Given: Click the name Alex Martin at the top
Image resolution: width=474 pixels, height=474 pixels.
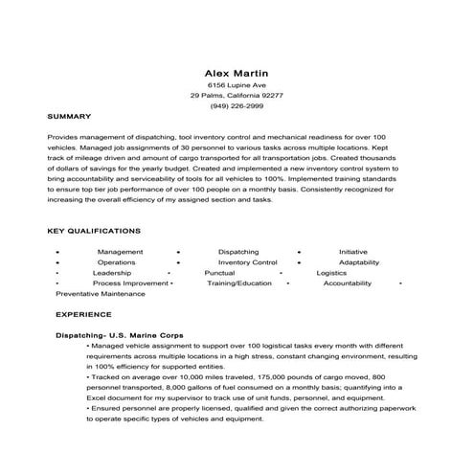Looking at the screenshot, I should coord(237,72).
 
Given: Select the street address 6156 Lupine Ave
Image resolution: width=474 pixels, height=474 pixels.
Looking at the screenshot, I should coord(237,85).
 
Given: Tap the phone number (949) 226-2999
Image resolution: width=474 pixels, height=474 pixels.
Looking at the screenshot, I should coord(237,105).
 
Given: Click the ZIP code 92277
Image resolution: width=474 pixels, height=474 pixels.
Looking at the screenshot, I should coord(269,96).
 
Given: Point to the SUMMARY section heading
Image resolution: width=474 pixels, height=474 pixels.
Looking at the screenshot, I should coord(69,116).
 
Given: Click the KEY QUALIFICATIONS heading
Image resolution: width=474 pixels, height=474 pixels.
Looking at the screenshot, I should coord(94,231).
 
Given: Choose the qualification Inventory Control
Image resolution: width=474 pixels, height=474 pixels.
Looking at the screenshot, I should coord(247,261).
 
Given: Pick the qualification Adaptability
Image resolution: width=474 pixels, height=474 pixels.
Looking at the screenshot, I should coord(359,261).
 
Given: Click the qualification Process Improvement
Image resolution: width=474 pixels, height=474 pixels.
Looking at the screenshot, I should coord(130,283).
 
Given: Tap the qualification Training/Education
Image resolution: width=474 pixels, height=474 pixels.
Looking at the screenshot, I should coord(239,283).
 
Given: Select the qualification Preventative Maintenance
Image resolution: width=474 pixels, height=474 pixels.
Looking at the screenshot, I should coord(101,294).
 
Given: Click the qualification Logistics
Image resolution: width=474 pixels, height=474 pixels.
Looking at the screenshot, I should coord(331,273).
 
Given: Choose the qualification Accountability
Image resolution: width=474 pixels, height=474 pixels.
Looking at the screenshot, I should coord(353,283).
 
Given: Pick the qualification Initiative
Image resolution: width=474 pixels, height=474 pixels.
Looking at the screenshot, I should coord(352,251).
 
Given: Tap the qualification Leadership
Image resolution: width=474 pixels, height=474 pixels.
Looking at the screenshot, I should coord(112,273).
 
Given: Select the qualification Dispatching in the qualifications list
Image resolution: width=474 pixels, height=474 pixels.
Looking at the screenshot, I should coord(237,251).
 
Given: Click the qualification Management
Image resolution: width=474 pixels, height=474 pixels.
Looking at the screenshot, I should coord(120,251).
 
